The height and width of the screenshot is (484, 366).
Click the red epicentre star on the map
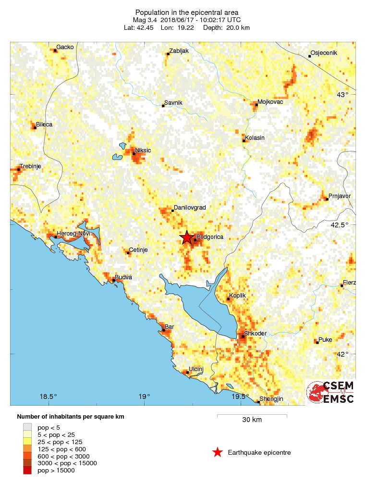pyautogui.click(x=186, y=237)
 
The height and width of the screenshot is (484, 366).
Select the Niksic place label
pyautogui.click(x=143, y=150)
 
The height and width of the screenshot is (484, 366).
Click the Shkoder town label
pyautogui.click(x=255, y=334)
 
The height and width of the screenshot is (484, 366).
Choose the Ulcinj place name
pyautogui.click(x=197, y=369)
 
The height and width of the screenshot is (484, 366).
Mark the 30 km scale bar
pyautogui.click(x=252, y=415)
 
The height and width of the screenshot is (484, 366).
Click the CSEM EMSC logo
pyautogui.click(x=331, y=392)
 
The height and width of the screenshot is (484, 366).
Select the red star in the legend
pyautogui.click(x=218, y=452)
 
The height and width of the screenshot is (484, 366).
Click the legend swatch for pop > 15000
pyautogui.click(x=27, y=471)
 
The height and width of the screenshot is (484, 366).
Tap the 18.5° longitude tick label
pyautogui.click(x=48, y=397)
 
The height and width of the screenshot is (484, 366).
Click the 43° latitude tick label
pyautogui.click(x=342, y=95)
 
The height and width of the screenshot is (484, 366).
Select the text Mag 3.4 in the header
pyautogui.click(x=145, y=20)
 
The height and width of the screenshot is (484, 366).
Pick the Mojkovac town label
pyautogui.click(x=270, y=102)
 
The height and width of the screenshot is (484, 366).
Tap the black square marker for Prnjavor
pyautogui.click(x=327, y=199)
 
